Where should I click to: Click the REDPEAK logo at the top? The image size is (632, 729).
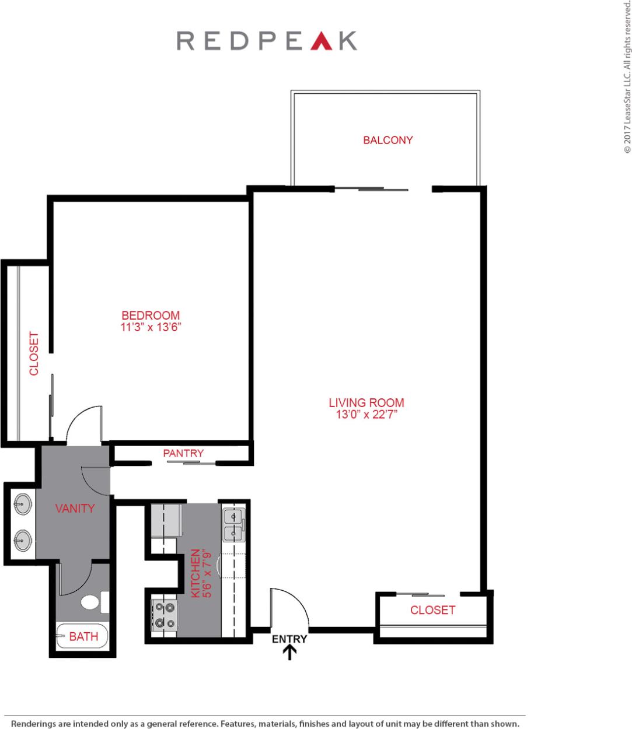click(267, 41)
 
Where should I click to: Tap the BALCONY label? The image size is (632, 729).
click(387, 140)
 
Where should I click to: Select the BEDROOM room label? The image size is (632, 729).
click(151, 316)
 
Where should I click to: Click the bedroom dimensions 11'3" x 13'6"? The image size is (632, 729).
click(151, 328)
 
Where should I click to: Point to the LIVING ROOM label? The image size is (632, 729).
click(366, 402)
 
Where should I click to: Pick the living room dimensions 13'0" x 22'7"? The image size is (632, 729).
click(366, 415)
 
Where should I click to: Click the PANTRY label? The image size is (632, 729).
click(183, 453)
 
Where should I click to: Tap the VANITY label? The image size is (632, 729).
click(75, 508)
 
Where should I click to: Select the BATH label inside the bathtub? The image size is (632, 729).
click(83, 636)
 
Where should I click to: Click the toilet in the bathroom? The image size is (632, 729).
click(93, 602)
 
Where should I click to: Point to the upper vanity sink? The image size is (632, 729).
click(23, 504)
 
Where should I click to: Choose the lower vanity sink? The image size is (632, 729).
click(23, 540)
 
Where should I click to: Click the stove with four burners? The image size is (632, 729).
click(164, 616)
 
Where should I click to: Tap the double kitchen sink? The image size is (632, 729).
click(234, 524)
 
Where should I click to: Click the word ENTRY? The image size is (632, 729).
click(289, 639)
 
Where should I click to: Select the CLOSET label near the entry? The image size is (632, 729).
click(432, 610)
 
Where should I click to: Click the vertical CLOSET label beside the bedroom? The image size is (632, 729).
click(34, 354)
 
